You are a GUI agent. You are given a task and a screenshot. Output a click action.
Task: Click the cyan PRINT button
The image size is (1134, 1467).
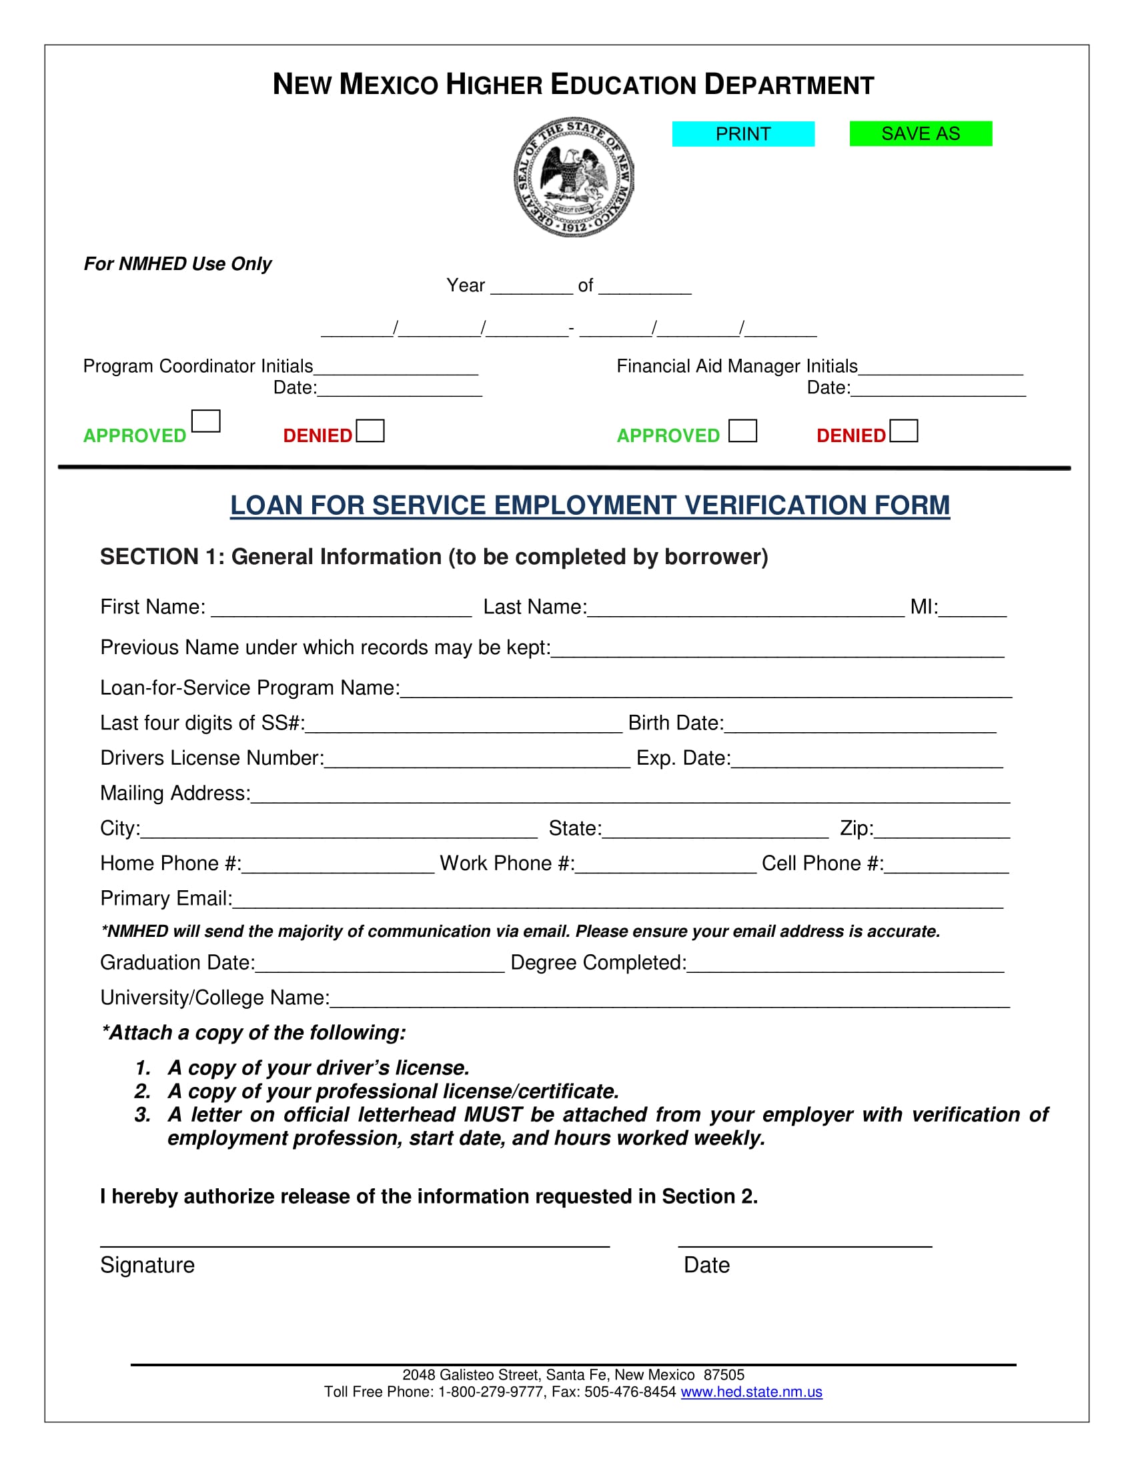743,133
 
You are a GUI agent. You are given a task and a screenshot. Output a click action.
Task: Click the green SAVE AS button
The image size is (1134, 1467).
921,133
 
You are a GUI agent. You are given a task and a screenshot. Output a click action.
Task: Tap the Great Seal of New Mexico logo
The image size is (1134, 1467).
573,177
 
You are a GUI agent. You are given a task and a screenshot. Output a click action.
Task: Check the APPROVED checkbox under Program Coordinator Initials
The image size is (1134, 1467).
205,421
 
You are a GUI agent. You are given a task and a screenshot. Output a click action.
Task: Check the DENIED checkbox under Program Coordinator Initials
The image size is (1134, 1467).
370,431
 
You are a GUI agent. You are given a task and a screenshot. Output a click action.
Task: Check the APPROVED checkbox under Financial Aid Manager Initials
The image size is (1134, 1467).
742,431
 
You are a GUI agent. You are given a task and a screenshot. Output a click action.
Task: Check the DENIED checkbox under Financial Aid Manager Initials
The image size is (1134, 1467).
904,431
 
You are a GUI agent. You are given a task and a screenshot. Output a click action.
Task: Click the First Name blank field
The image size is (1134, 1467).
342,609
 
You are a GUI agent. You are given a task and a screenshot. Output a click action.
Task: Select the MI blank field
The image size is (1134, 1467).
972,609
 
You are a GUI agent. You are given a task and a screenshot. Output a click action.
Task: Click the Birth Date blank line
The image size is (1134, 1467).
860,725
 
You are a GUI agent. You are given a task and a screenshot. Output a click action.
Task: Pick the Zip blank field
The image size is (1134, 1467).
942,830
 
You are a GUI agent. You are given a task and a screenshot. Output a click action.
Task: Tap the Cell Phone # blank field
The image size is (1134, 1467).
947,865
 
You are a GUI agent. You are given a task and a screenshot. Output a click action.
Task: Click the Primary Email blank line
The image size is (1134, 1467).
617,900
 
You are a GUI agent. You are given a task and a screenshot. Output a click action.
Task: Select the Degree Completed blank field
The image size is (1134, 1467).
845,965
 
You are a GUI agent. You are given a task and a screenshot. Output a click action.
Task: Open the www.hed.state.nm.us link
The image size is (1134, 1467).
751,1392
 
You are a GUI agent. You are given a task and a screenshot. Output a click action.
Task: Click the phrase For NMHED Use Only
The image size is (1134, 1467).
177,264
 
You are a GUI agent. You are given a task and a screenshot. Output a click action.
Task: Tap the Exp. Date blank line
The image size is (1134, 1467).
867,760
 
